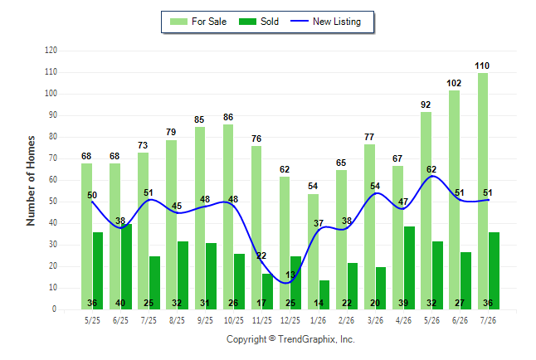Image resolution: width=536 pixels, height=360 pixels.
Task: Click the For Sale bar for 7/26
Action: [x=483, y=191]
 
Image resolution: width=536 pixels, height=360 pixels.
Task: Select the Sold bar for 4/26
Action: [x=410, y=268]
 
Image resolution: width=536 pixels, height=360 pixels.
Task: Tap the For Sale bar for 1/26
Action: [x=313, y=251]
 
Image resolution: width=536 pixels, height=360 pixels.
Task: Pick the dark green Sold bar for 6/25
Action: [x=126, y=266]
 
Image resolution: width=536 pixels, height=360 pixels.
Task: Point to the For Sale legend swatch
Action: [x=178, y=22]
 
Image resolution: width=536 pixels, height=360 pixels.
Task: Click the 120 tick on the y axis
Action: [x=51, y=51]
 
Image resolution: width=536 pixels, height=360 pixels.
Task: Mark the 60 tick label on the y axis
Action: [x=53, y=180]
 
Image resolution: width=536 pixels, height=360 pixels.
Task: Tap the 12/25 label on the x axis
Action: [x=290, y=320]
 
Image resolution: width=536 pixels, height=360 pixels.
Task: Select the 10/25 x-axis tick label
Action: [x=234, y=320]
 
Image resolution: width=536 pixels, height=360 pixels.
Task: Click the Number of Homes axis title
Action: [x=31, y=181]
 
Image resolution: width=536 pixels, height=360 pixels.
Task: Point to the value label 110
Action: [x=482, y=66]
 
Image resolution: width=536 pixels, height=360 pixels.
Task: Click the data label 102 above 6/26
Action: [x=454, y=83]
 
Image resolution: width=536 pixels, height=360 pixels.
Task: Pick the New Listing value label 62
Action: [x=431, y=169]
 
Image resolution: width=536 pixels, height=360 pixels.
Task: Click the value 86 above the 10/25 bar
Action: [x=228, y=117]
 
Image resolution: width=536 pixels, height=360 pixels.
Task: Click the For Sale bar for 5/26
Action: [x=426, y=211]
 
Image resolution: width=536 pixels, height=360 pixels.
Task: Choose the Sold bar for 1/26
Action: [x=324, y=294]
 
